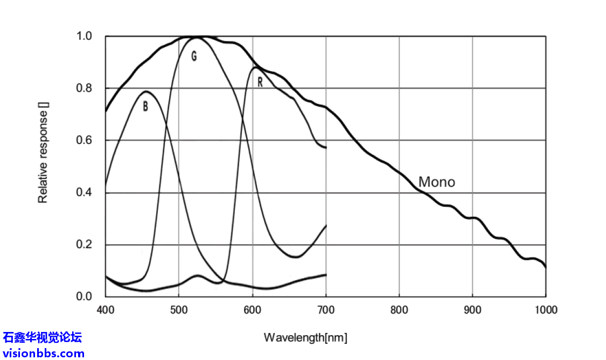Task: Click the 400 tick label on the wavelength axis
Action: [106, 310]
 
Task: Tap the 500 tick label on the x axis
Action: [179, 310]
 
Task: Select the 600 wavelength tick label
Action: [252, 310]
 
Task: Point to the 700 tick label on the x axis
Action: [326, 310]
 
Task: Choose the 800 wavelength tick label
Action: [399, 310]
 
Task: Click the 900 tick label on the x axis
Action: [472, 310]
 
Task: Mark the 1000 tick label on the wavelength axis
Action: [546, 310]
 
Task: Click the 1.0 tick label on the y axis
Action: [84, 37]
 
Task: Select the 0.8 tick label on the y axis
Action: [84, 88]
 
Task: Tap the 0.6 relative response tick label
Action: [84, 141]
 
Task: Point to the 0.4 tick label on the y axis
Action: [84, 193]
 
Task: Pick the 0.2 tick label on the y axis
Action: [84, 245]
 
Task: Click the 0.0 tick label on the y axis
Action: [84, 296]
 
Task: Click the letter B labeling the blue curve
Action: [145, 107]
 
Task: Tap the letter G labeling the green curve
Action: [194, 56]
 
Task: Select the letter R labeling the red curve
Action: [260, 82]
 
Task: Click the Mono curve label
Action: [437, 182]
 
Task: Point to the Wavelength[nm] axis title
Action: [305, 338]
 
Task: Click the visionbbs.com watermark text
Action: [44, 354]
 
